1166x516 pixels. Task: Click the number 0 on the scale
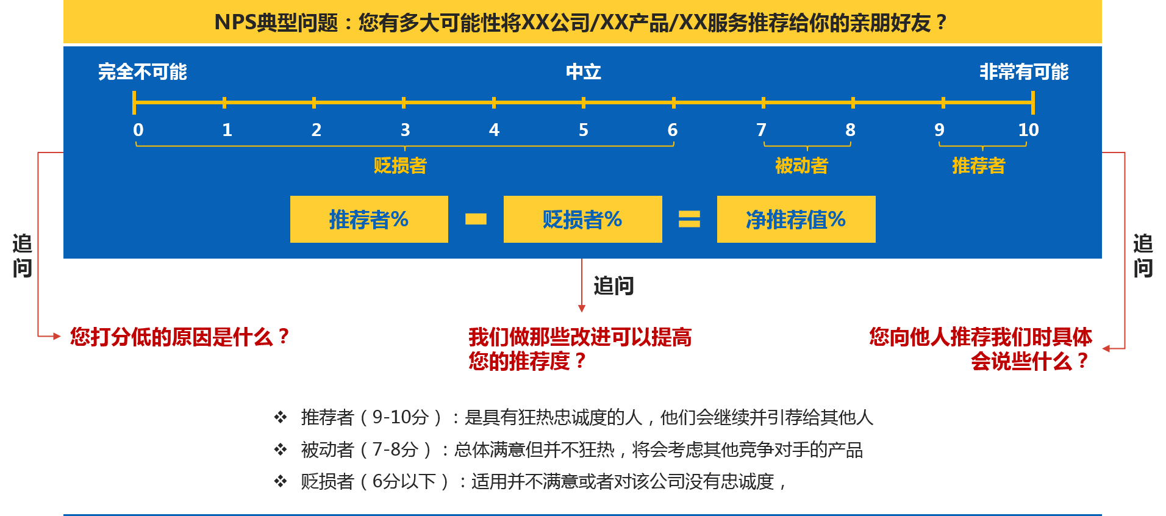tap(138, 130)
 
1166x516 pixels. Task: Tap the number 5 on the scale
tap(584, 130)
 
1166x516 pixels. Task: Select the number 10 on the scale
tap(1028, 130)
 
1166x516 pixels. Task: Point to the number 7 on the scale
tap(761, 130)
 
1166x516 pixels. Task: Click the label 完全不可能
tap(143, 72)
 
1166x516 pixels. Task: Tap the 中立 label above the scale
tap(584, 72)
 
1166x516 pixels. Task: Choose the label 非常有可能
tap(1024, 72)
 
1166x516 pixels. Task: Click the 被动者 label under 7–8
tap(801, 165)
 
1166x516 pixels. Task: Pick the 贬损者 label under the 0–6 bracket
tap(400, 165)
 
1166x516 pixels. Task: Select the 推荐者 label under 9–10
tap(978, 165)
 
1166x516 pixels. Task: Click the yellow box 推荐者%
tap(369, 220)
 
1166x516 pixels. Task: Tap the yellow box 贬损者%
tap(582, 220)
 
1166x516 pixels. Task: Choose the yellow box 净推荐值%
tap(796, 220)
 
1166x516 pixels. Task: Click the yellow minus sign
tap(476, 219)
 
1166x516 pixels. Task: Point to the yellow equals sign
tap(689, 219)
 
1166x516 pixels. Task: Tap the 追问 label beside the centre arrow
tap(613, 285)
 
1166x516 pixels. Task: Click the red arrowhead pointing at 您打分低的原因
tap(57, 336)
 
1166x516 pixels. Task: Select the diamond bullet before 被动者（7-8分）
tap(281, 450)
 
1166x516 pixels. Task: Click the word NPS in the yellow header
tap(235, 23)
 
